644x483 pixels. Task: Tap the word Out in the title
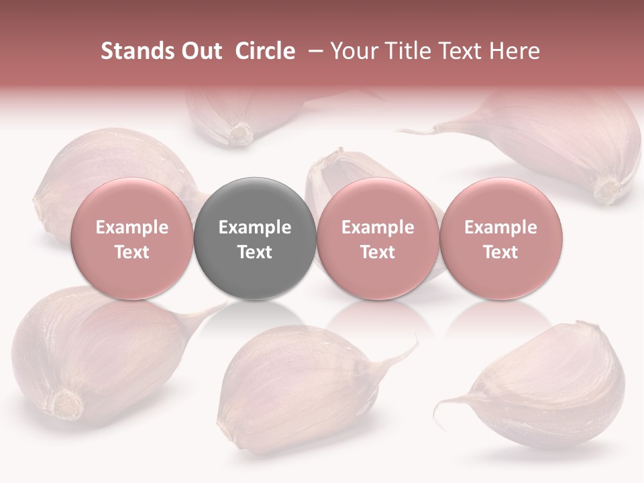click(200, 51)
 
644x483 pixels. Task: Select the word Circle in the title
click(265, 51)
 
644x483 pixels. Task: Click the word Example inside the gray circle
click(255, 227)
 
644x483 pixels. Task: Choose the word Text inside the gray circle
click(255, 252)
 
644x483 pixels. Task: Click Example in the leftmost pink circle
click(132, 227)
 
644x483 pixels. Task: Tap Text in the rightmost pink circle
click(500, 252)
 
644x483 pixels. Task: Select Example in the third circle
click(378, 227)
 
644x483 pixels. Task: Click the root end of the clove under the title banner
click(240, 133)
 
